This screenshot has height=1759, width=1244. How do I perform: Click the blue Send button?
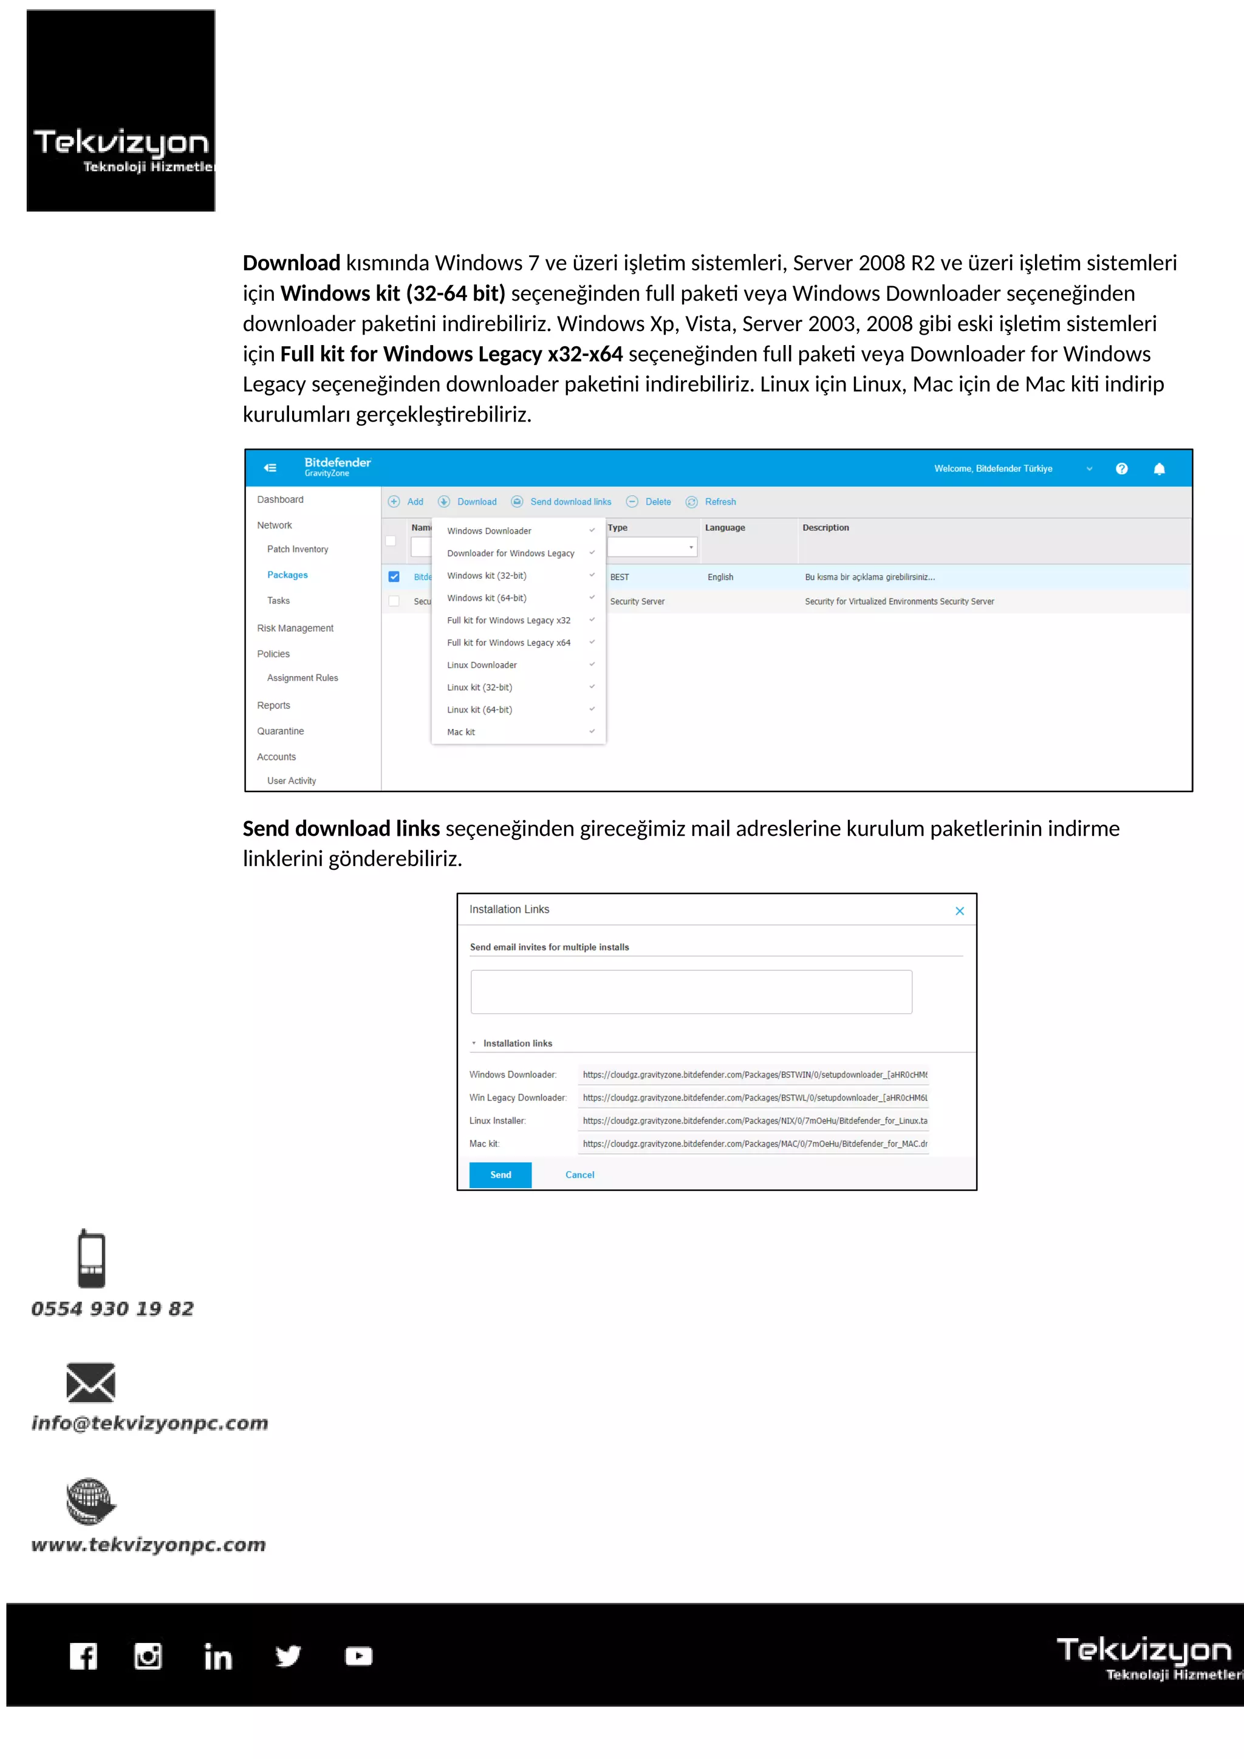[500, 1175]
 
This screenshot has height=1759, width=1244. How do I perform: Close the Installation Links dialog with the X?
[959, 911]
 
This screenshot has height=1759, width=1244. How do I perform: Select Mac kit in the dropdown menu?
[461, 733]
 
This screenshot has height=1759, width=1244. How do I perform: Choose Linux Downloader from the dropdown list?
[482, 665]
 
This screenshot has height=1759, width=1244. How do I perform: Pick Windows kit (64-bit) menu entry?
[487, 598]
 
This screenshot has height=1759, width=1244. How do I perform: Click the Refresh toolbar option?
[719, 502]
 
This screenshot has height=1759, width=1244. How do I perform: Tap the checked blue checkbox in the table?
[394, 577]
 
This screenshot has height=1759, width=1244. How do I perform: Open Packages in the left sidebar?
[287, 575]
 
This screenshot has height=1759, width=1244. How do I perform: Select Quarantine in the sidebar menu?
[281, 731]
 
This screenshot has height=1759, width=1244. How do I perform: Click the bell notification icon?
[1159, 469]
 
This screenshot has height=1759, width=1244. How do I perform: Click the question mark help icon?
[1121, 469]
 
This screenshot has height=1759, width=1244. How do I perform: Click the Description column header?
[825, 528]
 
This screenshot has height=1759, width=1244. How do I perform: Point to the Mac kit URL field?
[754, 1144]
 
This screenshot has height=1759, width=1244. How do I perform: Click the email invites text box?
[691, 992]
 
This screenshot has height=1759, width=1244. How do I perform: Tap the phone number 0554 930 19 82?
[112, 1308]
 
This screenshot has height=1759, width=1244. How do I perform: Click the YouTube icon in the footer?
[358, 1656]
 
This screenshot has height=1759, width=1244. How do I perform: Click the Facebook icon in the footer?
[83, 1656]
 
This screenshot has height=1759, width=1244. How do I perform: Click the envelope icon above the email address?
[91, 1382]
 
